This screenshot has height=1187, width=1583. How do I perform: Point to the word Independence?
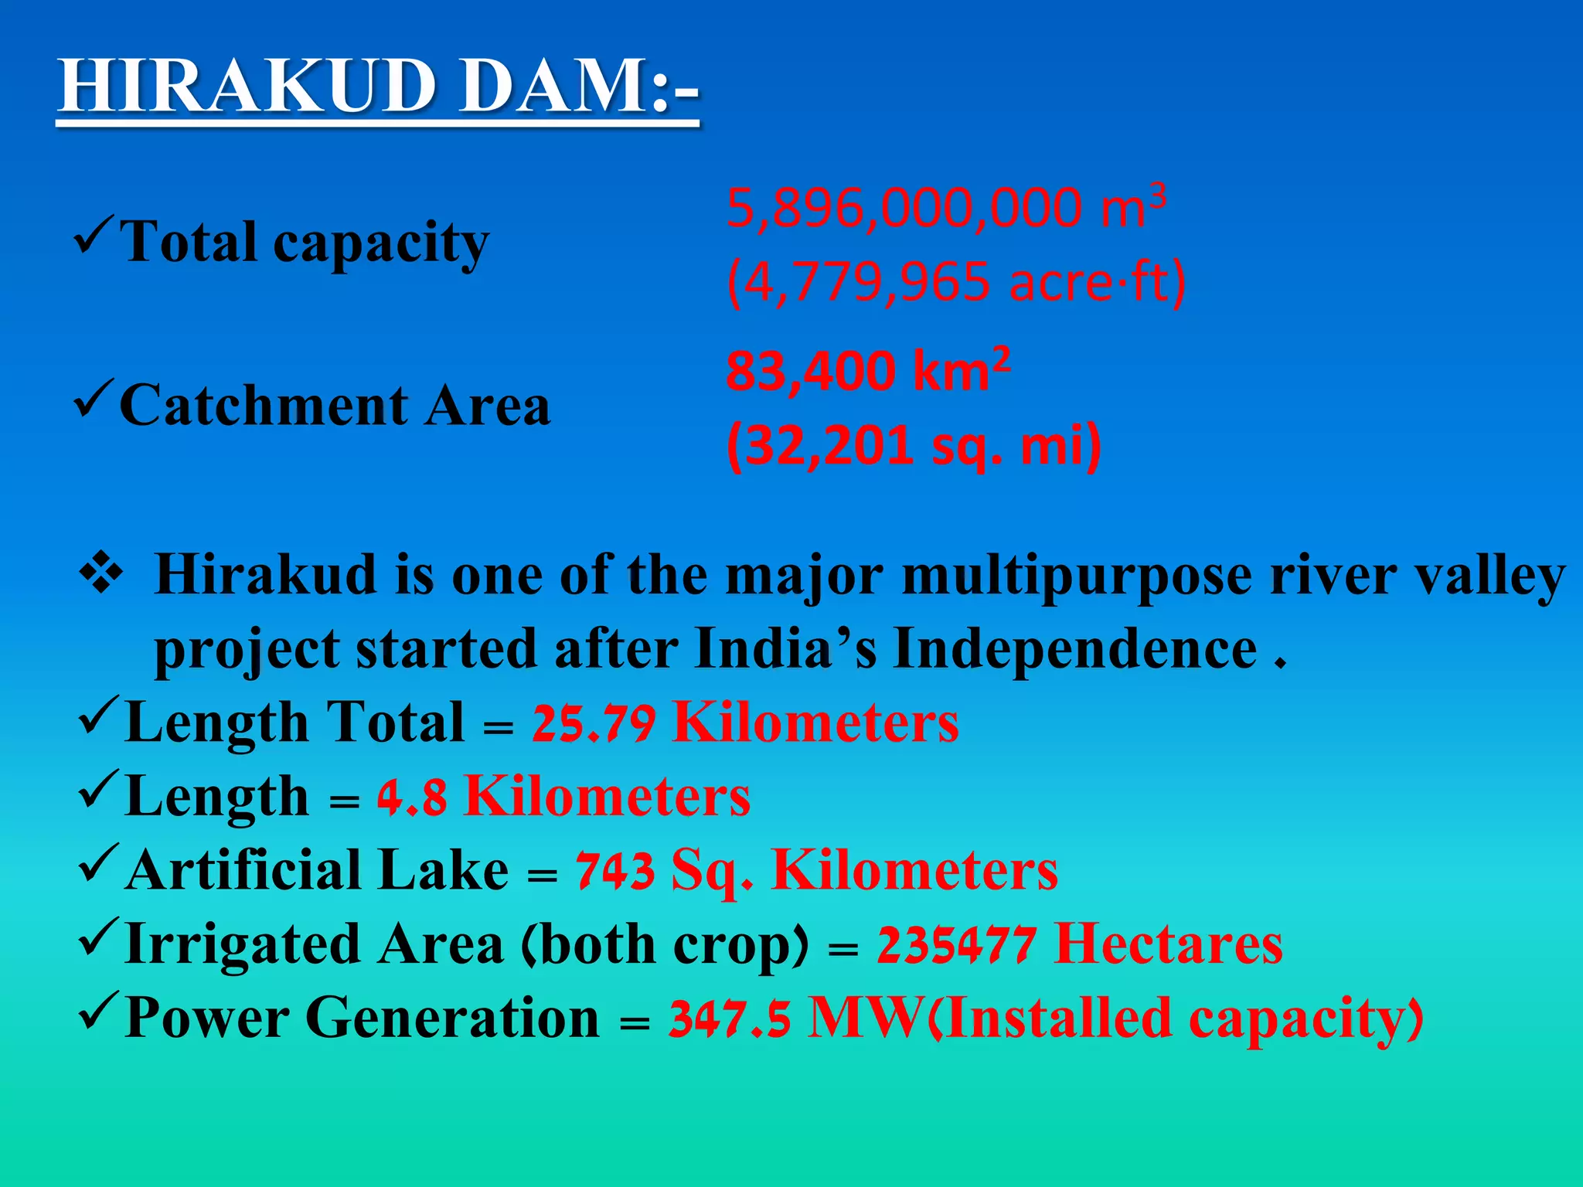pyautogui.click(x=1075, y=649)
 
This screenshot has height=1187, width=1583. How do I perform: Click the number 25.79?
pyautogui.click(x=594, y=724)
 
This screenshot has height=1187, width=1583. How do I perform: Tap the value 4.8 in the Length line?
pyautogui.click(x=412, y=798)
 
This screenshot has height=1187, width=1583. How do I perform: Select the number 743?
pyautogui.click(x=615, y=872)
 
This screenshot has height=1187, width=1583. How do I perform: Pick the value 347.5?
pyautogui.click(x=730, y=1019)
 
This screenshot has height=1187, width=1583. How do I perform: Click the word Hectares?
pyautogui.click(x=1168, y=944)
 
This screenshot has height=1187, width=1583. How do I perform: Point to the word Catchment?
pyautogui.click(x=264, y=406)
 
